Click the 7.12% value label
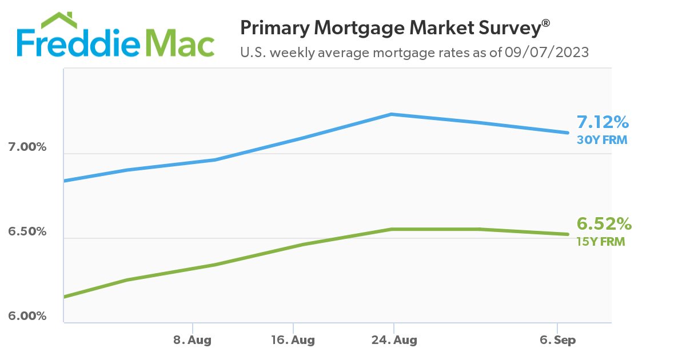pos(603,122)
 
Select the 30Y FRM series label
pos(601,139)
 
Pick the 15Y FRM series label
pos(601,241)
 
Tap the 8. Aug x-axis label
pos(193,340)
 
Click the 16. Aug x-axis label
pos(293,340)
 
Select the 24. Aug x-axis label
pos(393,340)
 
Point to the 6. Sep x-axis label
pos(557,340)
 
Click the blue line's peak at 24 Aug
pos(392,114)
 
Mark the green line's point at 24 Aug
pos(392,229)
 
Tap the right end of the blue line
pos(568,133)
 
